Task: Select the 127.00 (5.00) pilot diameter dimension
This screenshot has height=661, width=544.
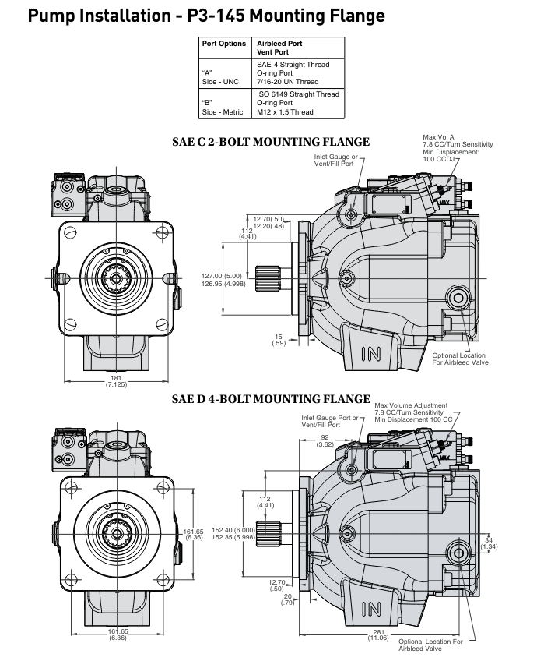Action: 222,279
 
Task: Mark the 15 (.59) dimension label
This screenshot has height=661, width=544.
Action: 279,339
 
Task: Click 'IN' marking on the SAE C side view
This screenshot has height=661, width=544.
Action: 372,354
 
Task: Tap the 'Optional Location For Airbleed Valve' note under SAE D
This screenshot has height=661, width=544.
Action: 430,645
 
